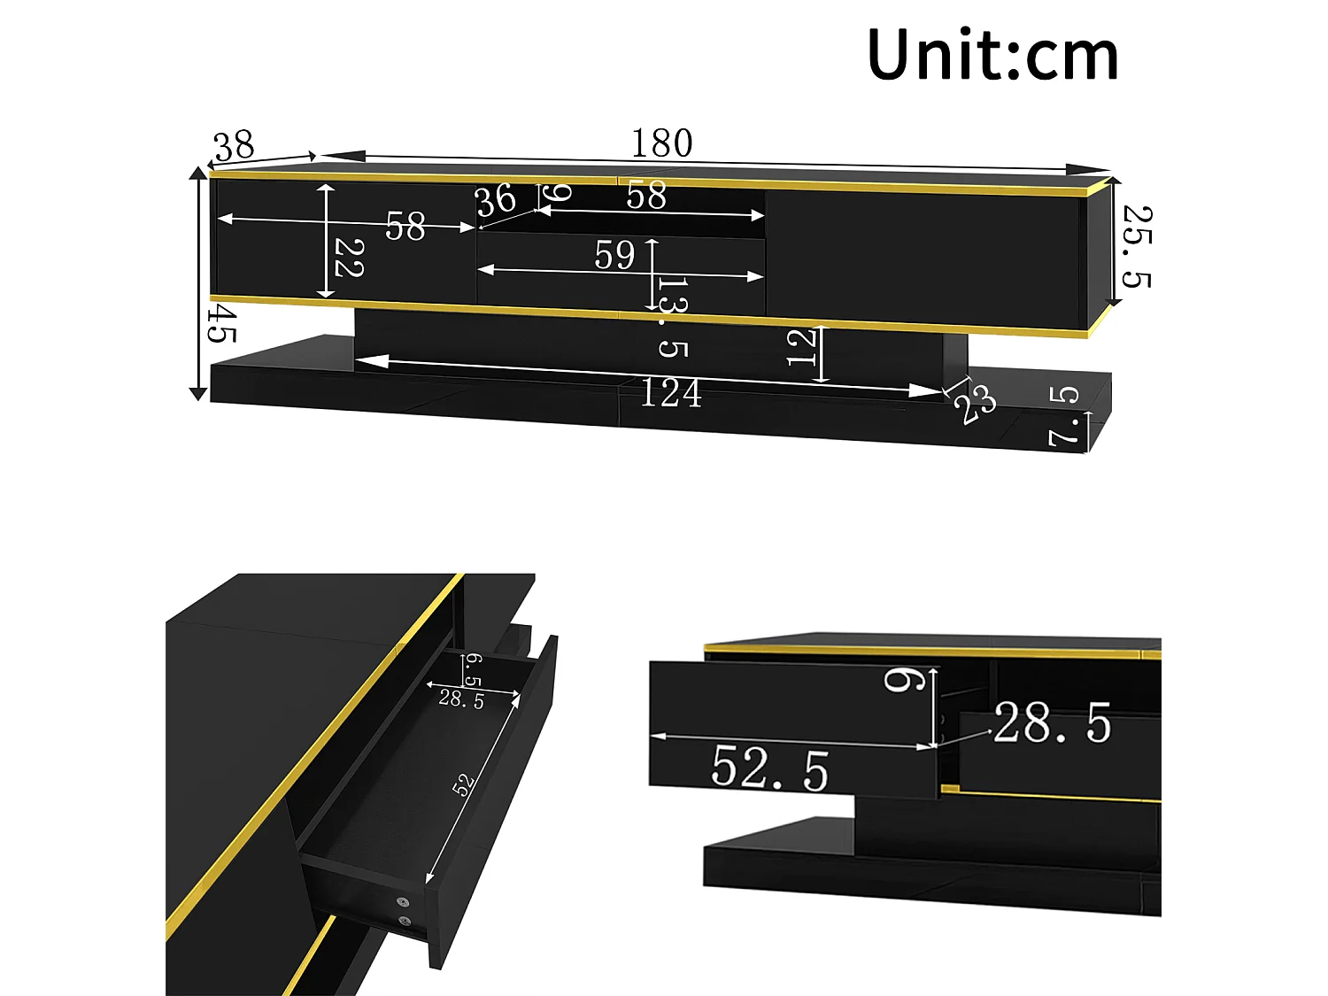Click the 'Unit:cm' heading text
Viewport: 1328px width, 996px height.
point(992,55)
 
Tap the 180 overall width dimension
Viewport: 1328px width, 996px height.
point(661,143)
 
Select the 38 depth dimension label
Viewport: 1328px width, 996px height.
point(234,146)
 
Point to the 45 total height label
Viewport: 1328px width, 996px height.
point(221,323)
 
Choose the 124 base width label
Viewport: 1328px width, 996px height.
point(670,393)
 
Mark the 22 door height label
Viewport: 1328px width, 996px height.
point(348,258)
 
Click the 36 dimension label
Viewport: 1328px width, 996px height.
point(496,200)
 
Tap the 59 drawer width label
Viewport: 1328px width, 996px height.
point(614,256)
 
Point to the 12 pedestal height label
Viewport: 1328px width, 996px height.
point(801,347)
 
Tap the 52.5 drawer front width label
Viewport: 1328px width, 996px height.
point(769,768)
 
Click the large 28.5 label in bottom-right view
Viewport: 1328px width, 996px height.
point(1052,723)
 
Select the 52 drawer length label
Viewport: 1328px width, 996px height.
point(463,784)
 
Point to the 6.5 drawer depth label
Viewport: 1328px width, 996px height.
point(474,670)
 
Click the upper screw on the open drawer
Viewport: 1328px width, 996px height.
point(404,902)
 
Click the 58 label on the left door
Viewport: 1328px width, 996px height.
point(405,227)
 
